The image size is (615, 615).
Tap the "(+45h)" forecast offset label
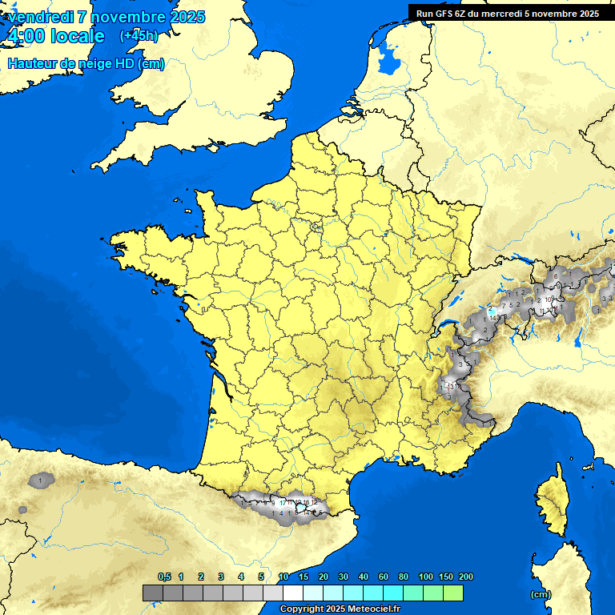[139, 35]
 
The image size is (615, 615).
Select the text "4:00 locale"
[55, 36]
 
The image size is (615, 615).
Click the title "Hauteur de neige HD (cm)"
[86, 64]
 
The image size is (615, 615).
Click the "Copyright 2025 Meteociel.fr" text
[340, 609]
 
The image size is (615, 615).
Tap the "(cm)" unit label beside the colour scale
[541, 594]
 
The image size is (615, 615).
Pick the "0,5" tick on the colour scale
[164, 577]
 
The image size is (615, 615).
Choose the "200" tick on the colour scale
[466, 577]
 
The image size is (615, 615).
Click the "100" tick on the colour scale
[426, 577]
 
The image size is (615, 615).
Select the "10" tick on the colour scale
[283, 577]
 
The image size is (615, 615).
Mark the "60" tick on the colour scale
[384, 577]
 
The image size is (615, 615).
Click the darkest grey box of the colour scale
[152, 593]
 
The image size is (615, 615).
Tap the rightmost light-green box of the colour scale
[452, 593]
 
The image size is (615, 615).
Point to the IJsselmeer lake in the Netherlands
[390, 58]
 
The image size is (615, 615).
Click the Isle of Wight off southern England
[213, 147]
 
